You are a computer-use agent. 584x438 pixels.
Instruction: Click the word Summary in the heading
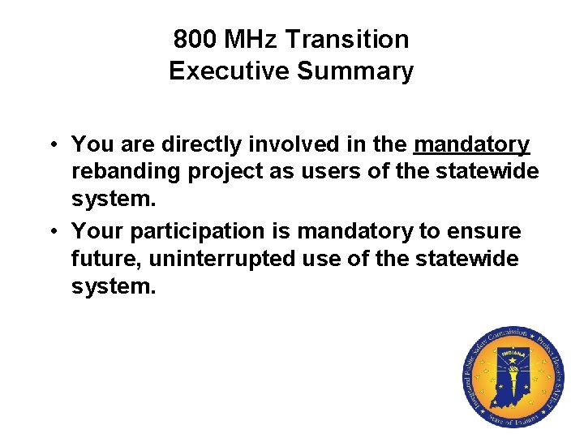354,71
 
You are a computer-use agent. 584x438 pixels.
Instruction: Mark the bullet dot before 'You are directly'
50,145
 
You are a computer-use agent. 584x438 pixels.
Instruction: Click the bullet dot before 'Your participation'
50,232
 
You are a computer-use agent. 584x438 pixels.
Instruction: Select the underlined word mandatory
471,145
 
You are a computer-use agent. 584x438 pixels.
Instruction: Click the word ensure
484,232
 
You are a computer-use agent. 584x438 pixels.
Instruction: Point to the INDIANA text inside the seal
513,354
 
